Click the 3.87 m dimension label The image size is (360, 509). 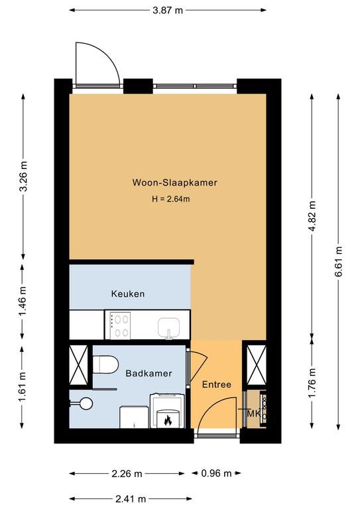point(168,11)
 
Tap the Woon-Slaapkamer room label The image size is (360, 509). point(174,182)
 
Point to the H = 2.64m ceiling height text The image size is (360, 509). point(171,199)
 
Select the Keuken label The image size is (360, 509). point(128,294)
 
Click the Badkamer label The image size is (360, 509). point(149,373)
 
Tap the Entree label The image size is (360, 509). point(217,384)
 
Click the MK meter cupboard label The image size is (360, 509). point(254,414)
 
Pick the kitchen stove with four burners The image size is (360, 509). point(120,325)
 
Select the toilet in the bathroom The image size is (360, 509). point(105,365)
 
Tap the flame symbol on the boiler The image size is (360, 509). point(168,420)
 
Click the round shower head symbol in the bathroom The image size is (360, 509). point(86,404)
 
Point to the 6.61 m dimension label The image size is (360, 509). point(339,261)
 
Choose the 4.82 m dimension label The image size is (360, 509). point(312,216)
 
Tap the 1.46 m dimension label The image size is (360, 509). point(23,302)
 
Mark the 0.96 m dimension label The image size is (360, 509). point(216,474)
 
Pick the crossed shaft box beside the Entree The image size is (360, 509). point(257,365)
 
